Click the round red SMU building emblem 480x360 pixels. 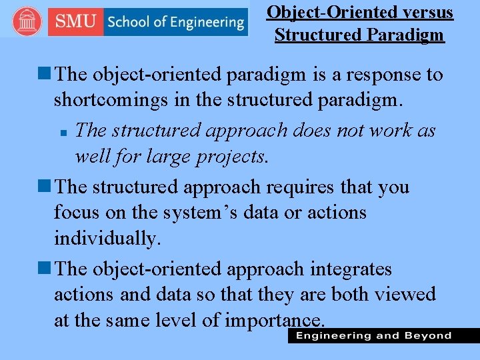[26, 21]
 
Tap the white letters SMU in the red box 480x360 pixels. [75, 21]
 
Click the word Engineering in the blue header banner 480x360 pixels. [204, 22]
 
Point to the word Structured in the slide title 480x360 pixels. [315, 35]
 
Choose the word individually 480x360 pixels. [107, 239]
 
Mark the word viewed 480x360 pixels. [408, 295]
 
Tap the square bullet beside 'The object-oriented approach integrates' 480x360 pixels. [46, 269]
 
